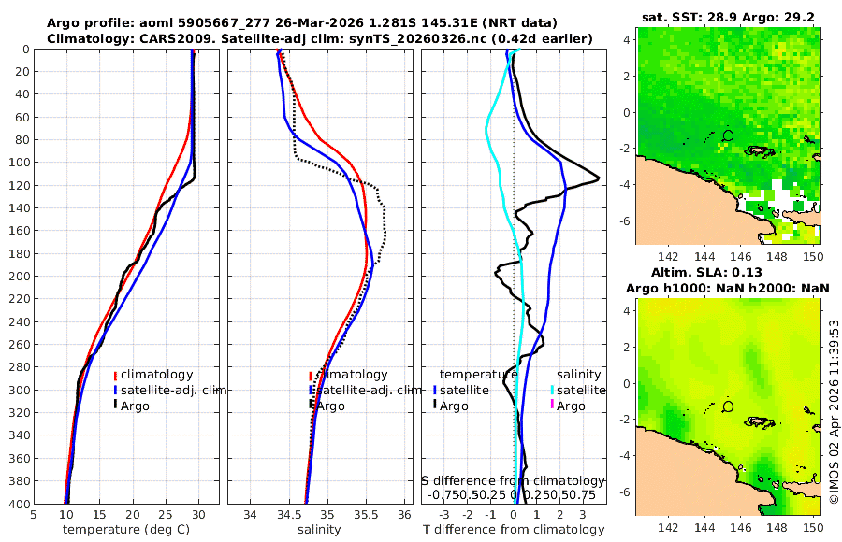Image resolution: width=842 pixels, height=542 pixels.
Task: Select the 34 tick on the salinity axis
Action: pyautogui.click(x=251, y=515)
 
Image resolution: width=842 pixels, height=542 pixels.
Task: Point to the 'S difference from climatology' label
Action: pyautogui.click(x=514, y=480)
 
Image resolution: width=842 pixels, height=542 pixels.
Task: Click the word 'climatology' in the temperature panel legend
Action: pyautogui.click(x=156, y=375)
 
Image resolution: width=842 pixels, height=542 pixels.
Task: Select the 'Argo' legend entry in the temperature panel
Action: pyautogui.click(x=136, y=405)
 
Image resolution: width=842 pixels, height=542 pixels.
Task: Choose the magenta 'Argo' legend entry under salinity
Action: pyautogui.click(x=571, y=406)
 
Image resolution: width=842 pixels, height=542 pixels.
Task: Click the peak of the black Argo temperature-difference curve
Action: pyautogui.click(x=599, y=179)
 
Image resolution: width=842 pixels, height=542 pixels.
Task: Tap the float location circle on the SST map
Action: pyautogui.click(x=729, y=135)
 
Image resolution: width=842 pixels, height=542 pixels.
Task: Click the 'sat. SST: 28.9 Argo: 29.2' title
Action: pyautogui.click(x=728, y=17)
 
